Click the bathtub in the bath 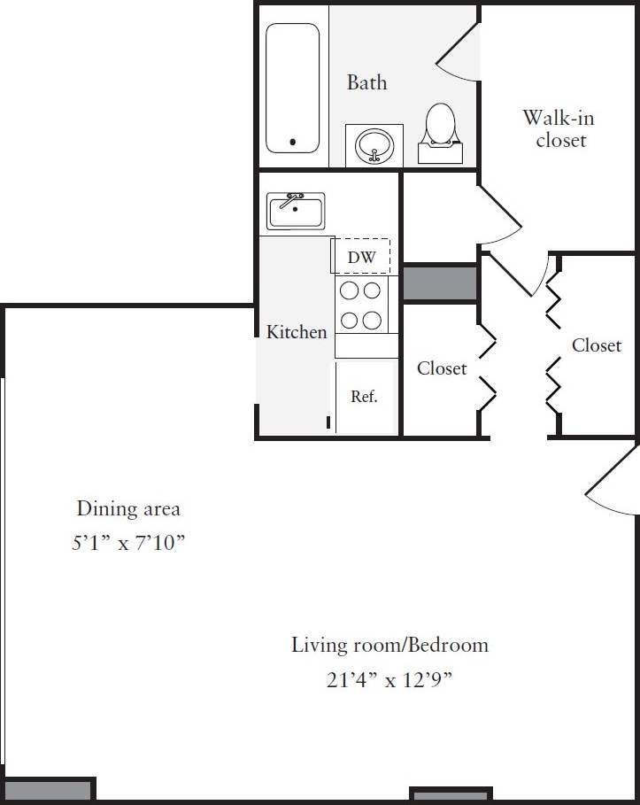[293, 87]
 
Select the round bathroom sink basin [374, 144]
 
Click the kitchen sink [296, 211]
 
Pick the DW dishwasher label [361, 258]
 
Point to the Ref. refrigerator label [364, 397]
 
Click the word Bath [366, 82]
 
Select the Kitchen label [297, 332]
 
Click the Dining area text [128, 508]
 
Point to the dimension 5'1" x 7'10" [128, 543]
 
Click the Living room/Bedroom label [389, 645]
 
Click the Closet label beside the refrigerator [442, 368]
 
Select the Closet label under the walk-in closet [597, 345]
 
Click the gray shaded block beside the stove [440, 283]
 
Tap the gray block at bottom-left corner [49, 790]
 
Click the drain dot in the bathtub [294, 142]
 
